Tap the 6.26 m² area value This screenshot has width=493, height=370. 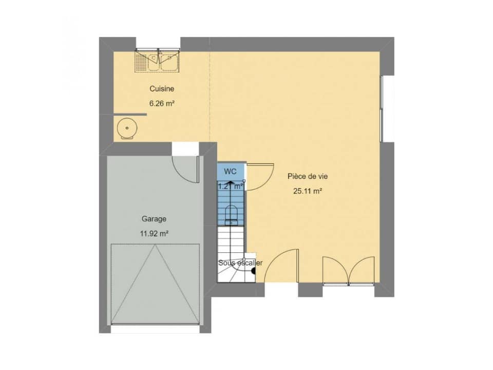(x=162, y=103)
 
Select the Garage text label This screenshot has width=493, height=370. (x=154, y=219)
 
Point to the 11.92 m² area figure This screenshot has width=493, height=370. (x=154, y=233)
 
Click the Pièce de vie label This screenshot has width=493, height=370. (x=307, y=176)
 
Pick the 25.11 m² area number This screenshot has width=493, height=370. (x=307, y=191)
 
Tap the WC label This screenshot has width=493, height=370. (x=230, y=172)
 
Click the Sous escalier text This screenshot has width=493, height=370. (x=240, y=263)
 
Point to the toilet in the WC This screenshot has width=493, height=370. (x=231, y=214)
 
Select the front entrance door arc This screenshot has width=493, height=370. (x=280, y=267)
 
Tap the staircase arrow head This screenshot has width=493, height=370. (x=231, y=182)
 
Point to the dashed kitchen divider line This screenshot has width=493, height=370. (x=210, y=98)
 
